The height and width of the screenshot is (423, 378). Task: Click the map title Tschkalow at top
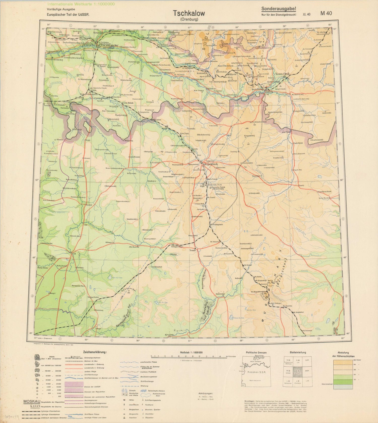[189, 13]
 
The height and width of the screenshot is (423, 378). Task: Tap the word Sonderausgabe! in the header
[278, 9]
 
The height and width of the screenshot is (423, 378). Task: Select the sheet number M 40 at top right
[326, 14]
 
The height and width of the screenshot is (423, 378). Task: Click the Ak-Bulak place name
[128, 103]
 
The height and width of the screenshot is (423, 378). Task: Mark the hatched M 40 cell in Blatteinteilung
[297, 372]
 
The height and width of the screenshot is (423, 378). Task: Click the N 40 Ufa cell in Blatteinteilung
[297, 361]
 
